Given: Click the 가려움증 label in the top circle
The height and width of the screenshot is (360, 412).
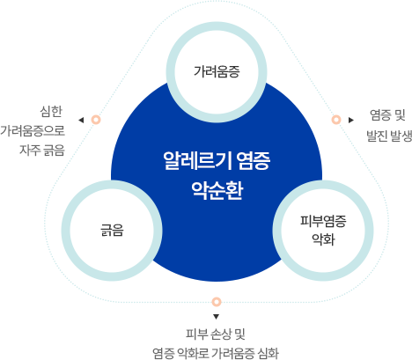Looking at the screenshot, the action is click(217, 71).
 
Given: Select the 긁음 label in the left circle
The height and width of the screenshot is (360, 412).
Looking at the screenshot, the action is click(112, 230).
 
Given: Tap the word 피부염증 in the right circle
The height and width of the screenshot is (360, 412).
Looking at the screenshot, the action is click(323, 221).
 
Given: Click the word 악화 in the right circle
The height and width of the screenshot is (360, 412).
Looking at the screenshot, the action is click(323, 239).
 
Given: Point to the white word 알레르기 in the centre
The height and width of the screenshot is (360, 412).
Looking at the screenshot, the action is click(197, 161).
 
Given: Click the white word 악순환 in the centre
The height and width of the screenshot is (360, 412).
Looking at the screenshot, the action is click(217, 191).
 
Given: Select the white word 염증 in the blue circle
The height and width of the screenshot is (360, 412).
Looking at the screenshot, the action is click(253, 161).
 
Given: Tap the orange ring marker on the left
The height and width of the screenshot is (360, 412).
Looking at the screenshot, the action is click(96, 120).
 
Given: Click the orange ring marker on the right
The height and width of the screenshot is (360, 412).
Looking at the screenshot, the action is click(336, 120).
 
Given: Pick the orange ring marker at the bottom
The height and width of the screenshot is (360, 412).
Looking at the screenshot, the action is click(217, 302).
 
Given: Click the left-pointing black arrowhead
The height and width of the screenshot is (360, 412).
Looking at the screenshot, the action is click(81, 120).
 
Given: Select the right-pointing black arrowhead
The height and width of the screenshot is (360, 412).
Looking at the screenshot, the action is click(351, 120).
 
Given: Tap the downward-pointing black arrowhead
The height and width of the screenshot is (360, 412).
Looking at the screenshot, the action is click(217, 317).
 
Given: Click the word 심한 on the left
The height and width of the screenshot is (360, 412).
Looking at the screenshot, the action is click(51, 112).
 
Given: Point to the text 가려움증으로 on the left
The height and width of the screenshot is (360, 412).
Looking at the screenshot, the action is click(33, 130).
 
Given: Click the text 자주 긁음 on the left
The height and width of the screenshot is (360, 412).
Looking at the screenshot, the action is click(42, 150).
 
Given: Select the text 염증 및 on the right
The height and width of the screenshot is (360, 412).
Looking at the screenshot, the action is click(387, 115).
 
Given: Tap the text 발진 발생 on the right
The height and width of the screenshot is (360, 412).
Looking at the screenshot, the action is click(389, 136).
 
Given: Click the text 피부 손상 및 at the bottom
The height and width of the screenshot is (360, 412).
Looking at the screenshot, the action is click(216, 334).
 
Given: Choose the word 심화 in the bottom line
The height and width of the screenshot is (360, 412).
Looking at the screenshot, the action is click(268, 353).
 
